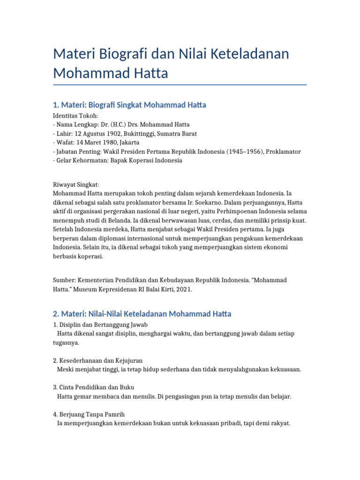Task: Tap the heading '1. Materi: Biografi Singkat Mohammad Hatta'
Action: [x=129, y=105]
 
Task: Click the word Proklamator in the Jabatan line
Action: [x=282, y=151]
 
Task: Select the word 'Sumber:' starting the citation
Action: [x=65, y=280]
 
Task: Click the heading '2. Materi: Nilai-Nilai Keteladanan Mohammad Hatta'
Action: [x=142, y=314]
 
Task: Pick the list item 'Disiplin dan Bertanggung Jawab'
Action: [x=104, y=324]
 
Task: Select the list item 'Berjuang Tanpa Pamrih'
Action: [x=92, y=414]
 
